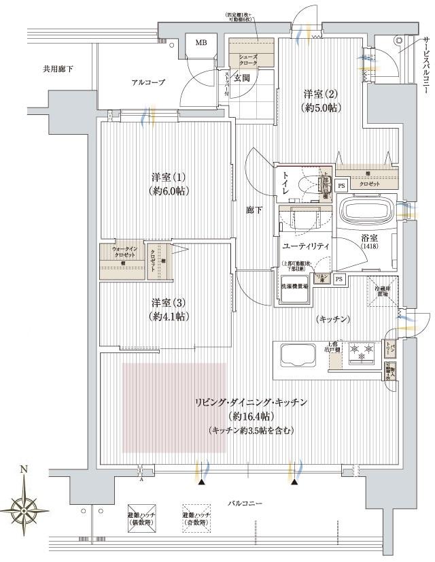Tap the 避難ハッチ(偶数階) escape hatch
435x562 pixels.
click(141, 520)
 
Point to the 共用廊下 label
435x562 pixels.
click(58, 69)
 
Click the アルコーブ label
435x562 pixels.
click(148, 82)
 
